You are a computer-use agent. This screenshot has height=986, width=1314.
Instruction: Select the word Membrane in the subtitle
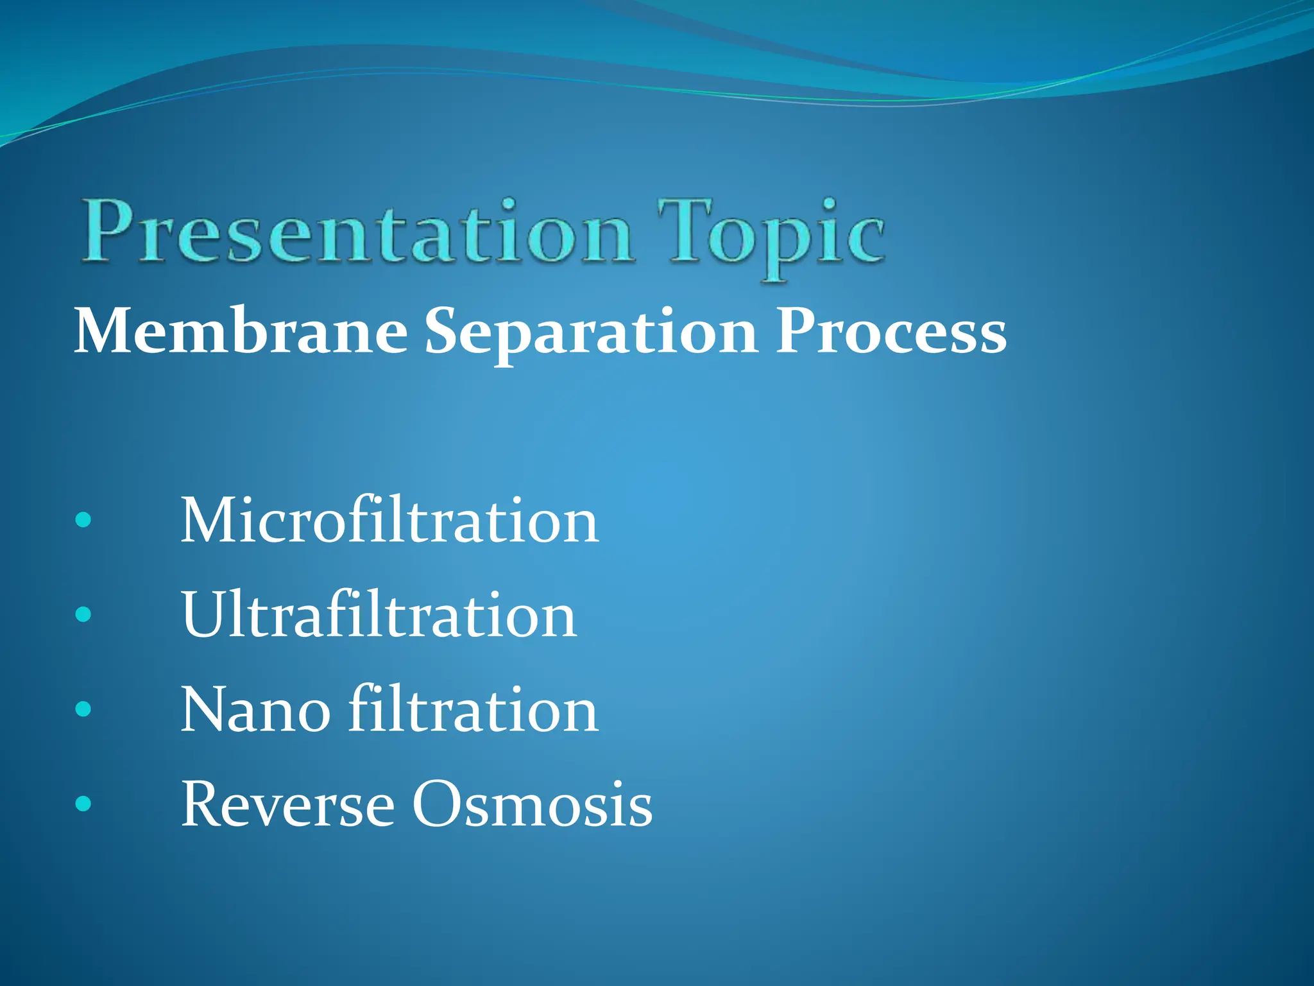(x=241, y=333)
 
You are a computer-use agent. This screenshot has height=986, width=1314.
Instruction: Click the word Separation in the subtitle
(x=591, y=334)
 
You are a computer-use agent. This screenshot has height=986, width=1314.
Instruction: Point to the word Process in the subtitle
(x=891, y=333)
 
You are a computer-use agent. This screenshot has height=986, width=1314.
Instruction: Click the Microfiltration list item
(x=389, y=521)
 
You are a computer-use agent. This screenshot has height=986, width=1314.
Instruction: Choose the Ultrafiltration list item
(x=379, y=616)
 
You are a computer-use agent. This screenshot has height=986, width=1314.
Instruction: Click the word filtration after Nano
(x=474, y=709)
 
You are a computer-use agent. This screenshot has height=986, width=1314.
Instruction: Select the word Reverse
(x=287, y=804)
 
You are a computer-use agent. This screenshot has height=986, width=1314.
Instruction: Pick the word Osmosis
(x=532, y=804)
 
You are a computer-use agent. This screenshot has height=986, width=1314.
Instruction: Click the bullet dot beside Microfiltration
(x=83, y=520)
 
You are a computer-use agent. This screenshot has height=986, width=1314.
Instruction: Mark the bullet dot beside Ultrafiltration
(x=83, y=615)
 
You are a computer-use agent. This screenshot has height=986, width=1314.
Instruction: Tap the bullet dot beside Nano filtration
(x=83, y=709)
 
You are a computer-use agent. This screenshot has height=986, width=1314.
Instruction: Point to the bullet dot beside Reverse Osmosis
(x=83, y=804)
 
